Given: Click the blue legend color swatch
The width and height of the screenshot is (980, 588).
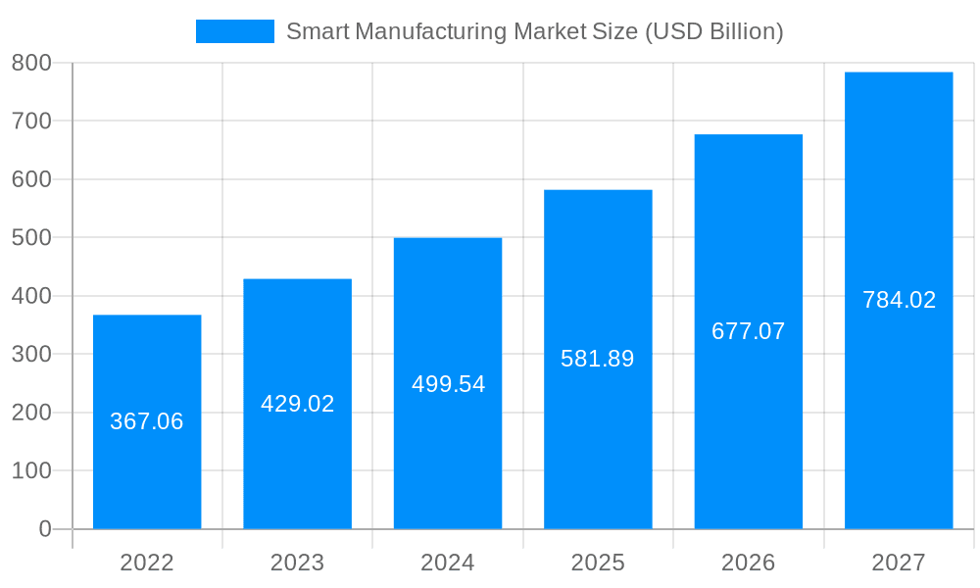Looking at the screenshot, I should point(235,31).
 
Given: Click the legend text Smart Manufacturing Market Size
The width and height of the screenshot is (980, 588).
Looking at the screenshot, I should point(534,31).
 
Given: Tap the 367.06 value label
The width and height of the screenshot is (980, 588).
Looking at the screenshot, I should point(147,421).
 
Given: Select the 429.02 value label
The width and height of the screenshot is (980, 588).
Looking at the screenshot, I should point(297,404).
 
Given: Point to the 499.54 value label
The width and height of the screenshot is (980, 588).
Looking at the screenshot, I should point(448,384).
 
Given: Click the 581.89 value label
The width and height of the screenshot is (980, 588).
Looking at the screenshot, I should point(598,359).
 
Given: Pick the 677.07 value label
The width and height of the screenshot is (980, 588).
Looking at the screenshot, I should point(749,331).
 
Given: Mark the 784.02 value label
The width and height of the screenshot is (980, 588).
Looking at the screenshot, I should point(899,300).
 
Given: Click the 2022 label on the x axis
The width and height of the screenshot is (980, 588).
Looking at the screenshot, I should point(147,563).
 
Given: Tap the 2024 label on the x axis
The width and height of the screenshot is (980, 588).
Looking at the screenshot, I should point(448,563).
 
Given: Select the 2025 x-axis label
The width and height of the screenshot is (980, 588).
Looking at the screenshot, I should point(598,563).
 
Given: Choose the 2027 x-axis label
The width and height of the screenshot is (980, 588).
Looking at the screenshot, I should point(899,563).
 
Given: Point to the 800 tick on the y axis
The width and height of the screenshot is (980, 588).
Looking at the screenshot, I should point(31,63).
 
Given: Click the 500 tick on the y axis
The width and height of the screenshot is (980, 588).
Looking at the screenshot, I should point(31,238).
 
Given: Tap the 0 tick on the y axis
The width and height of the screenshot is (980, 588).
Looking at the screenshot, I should point(45,529).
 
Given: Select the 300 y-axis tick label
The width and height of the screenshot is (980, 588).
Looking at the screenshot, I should point(31,355).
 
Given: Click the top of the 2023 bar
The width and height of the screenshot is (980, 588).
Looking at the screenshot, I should point(297,280).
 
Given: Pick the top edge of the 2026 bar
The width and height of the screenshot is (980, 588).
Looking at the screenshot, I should point(749,135).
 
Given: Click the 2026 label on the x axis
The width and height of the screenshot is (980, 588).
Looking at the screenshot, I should point(749,563).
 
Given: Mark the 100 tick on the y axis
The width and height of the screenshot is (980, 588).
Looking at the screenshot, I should point(31,471).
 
